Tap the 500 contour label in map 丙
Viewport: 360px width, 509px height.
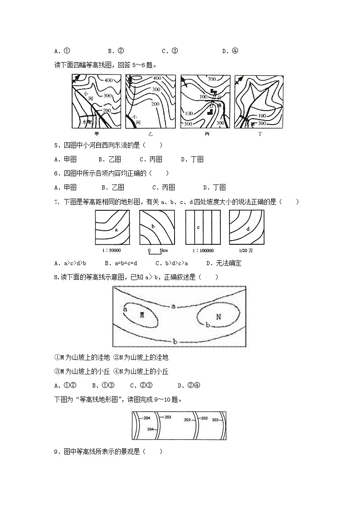(x=188, y=124)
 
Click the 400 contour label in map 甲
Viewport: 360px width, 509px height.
(x=108, y=80)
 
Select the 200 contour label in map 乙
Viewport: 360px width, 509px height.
(x=155, y=104)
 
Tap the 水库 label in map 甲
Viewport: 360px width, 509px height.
(x=86, y=122)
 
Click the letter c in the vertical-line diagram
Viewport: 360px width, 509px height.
(x=198, y=228)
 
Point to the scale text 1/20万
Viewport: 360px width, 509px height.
(x=247, y=251)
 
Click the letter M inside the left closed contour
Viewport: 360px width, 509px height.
(x=141, y=315)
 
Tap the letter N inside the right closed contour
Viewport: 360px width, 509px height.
(x=218, y=316)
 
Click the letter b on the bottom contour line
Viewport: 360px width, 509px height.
(x=175, y=341)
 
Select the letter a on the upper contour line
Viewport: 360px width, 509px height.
(x=173, y=306)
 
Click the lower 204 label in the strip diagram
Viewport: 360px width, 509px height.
(x=151, y=429)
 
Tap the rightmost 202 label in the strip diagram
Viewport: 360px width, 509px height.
(x=215, y=420)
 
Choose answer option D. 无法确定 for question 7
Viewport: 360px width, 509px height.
(x=224, y=263)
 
